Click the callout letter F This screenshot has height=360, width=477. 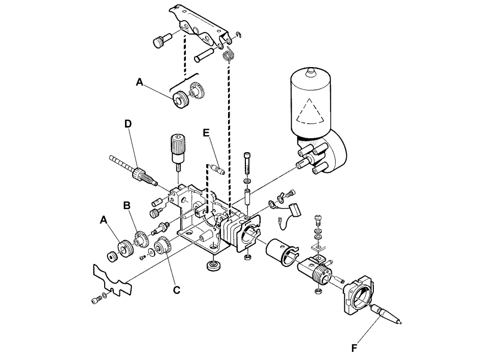pos(354,348)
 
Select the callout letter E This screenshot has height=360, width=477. pos(206,133)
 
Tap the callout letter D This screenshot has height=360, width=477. pos(128,124)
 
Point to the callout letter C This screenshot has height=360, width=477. pos(176,290)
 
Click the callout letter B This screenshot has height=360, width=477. pos(126,205)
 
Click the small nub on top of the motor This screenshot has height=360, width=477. pos(310,72)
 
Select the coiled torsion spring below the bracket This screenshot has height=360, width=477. pos(229,55)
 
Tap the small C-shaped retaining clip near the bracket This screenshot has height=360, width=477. pos(239,35)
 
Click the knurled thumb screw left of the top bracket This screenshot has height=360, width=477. pos(162,41)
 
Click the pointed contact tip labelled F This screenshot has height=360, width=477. pos(386,314)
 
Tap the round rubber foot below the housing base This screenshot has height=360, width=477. pos(213,266)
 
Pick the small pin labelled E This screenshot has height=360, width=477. pos(217,169)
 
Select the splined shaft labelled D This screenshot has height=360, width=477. pos(133,170)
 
